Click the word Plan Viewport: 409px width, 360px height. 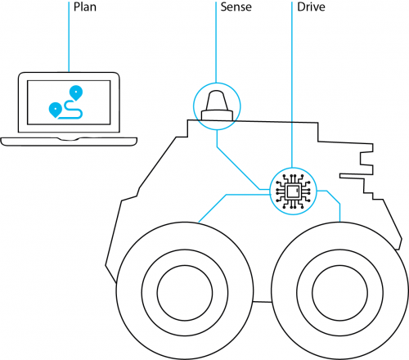point(84,7)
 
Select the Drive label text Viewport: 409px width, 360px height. point(310,7)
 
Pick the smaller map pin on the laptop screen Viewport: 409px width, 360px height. point(55,108)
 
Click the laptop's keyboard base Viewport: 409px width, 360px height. point(68,141)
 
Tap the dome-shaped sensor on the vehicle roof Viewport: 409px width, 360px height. point(217,104)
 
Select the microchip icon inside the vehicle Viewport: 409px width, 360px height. point(292,191)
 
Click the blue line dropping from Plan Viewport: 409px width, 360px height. point(68,41)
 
